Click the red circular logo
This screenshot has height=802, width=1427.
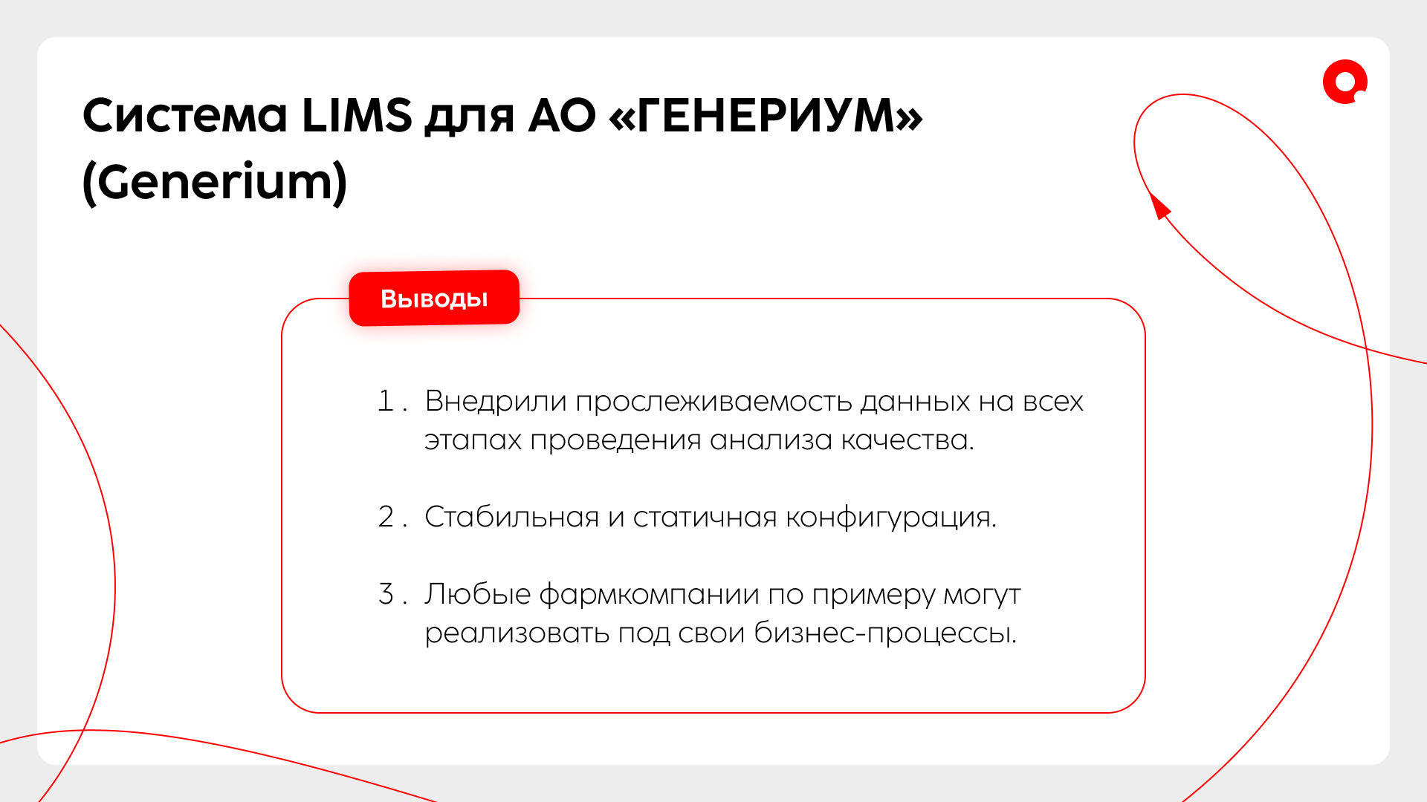(x=1345, y=82)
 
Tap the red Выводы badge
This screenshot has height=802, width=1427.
(x=434, y=298)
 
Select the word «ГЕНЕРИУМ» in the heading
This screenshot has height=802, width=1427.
(x=766, y=116)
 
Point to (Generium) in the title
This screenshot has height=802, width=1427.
(x=215, y=182)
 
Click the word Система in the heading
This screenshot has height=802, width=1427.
(x=184, y=116)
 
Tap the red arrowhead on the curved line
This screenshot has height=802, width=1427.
(x=1159, y=205)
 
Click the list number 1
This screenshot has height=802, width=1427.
(x=386, y=401)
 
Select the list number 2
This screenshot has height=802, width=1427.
(x=386, y=517)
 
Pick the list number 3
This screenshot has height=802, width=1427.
(x=386, y=594)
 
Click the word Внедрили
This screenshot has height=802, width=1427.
(x=496, y=402)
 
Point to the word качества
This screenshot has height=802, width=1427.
(x=907, y=440)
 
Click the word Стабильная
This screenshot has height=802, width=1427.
(x=511, y=517)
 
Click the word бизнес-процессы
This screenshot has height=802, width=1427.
(x=885, y=633)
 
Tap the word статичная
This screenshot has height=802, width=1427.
(x=705, y=518)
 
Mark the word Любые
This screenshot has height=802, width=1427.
(x=477, y=594)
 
